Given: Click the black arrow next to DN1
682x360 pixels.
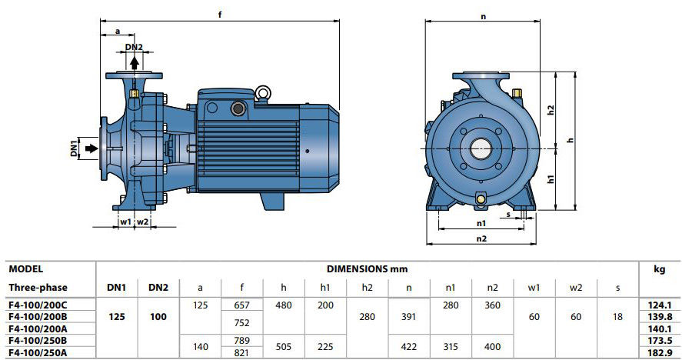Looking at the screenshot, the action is (91, 148).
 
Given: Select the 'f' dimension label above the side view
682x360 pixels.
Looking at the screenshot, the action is (220, 15).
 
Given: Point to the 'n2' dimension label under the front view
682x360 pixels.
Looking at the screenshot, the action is (481, 238).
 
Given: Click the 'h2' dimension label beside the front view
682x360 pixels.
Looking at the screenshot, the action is (551, 109).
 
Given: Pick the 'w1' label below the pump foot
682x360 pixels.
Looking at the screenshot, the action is (125, 222).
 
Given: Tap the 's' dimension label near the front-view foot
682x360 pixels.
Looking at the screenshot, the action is (508, 215).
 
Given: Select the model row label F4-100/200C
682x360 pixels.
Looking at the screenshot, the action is (38, 305).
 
